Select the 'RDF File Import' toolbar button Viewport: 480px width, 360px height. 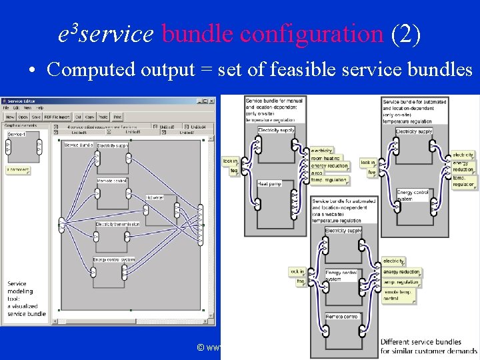58,116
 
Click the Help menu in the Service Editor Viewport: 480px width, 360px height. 40,107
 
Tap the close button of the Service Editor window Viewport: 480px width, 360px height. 212,101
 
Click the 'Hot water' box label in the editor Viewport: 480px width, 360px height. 155,197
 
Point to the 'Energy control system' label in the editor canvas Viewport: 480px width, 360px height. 114,259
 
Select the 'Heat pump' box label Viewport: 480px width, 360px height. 269,183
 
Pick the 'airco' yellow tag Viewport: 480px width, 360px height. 319,173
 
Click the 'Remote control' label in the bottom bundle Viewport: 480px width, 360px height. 342,316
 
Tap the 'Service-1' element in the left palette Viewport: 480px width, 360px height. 17,135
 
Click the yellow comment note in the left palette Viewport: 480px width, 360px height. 18,170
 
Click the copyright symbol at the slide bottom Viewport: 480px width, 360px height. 200,347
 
